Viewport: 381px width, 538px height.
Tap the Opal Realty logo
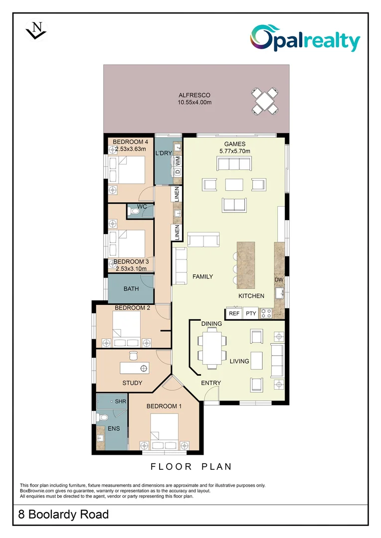305,38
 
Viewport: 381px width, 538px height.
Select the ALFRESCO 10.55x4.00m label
194,99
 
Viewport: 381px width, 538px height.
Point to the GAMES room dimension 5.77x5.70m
233,151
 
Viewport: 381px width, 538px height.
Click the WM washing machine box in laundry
177,160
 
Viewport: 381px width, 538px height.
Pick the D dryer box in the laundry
177,172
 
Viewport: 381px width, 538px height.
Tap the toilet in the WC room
133,212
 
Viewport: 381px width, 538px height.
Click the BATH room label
131,288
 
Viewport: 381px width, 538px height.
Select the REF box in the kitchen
234,313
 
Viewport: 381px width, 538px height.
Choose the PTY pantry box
250,313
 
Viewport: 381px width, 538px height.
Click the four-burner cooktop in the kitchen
266,313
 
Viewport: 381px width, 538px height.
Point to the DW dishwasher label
279,280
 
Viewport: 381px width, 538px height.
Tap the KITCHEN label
251,296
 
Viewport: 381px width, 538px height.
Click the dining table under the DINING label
211,349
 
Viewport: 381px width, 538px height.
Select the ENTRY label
211,383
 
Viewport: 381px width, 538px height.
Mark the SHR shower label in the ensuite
120,401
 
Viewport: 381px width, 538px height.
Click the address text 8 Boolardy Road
63,514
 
